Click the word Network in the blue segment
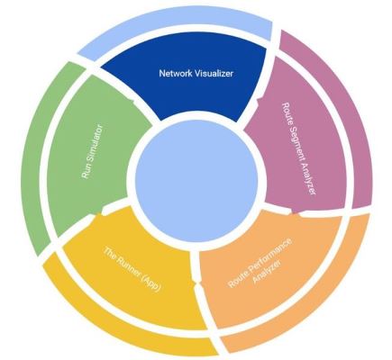pyautogui.click(x=176, y=73)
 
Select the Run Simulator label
pyautogui.click(x=92, y=152)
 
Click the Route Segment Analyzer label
pyautogui.click(x=299, y=148)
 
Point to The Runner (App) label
pyautogui.click(x=132, y=269)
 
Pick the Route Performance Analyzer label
pyautogui.click(x=260, y=263)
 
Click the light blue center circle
pyautogui.click(x=196, y=181)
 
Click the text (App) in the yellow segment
pyautogui.click(x=152, y=283)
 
